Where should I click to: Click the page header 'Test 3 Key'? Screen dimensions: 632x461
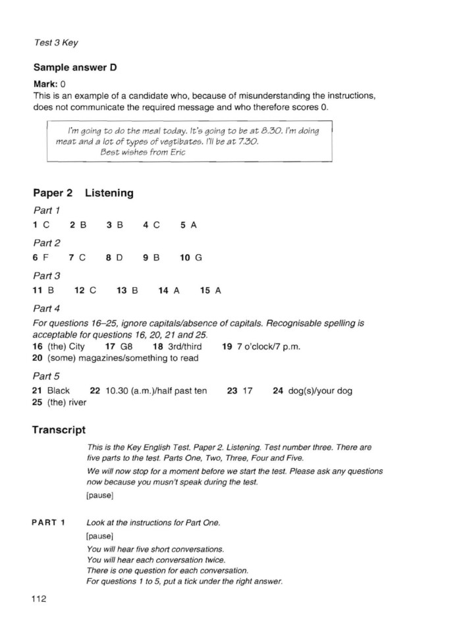pyautogui.click(x=55, y=43)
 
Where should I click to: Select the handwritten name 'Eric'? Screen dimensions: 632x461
pyautogui.click(x=176, y=152)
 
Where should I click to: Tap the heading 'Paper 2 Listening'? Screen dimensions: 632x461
pyautogui.click(x=83, y=193)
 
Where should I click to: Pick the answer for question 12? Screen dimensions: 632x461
pyautogui.click(x=93, y=290)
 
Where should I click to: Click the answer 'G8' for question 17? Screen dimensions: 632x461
pyautogui.click(x=127, y=347)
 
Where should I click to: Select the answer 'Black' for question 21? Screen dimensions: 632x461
pyautogui.click(x=59, y=391)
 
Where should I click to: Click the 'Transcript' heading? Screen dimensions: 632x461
pyautogui.click(x=59, y=430)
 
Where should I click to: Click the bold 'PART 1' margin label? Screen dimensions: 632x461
pyautogui.click(x=48, y=523)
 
